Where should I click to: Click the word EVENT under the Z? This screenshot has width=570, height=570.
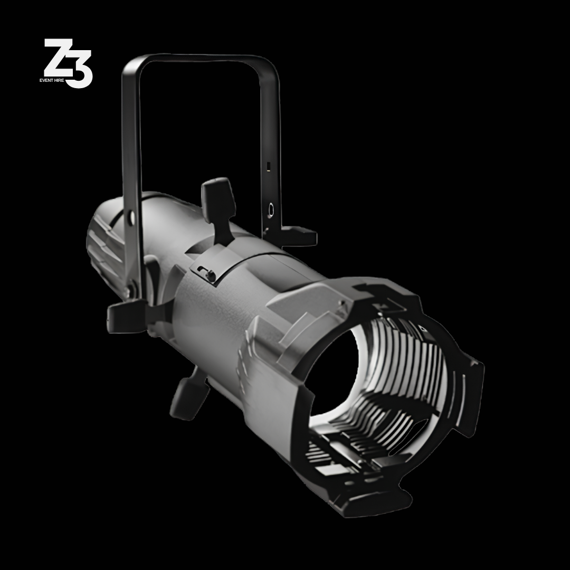click(46, 80)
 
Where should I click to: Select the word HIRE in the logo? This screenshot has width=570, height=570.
click(59, 80)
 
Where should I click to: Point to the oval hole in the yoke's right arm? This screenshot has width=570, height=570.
click(271, 210)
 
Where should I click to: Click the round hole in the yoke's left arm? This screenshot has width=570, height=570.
click(131, 217)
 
